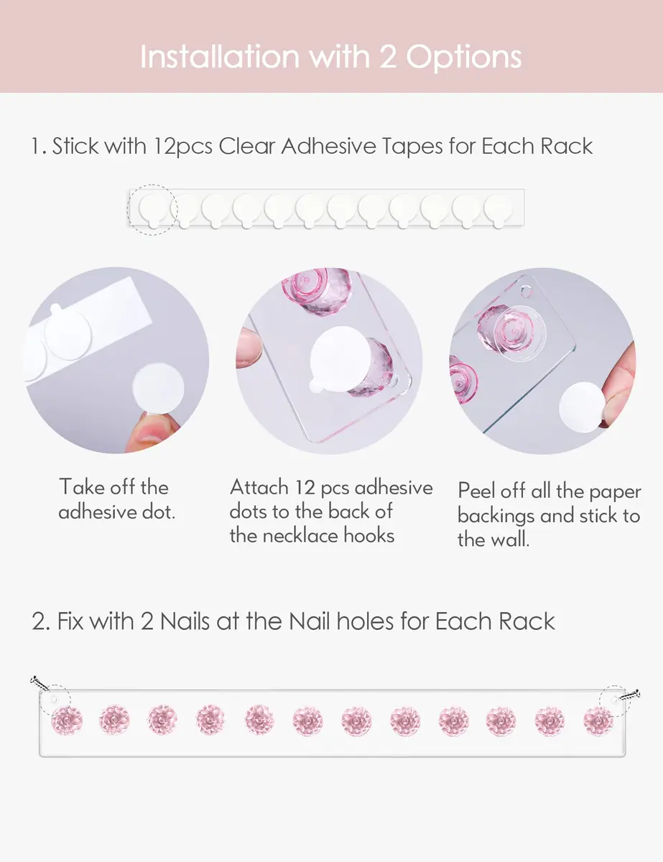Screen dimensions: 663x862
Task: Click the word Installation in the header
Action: (220, 57)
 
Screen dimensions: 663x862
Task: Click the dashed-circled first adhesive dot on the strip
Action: (152, 210)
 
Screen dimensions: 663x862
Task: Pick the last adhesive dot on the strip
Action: (498, 210)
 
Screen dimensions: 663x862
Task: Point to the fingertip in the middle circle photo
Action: (249, 348)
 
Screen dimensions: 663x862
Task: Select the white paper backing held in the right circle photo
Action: (582, 407)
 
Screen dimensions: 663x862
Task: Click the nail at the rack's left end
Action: (40, 682)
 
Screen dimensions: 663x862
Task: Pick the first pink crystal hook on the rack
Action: (67, 720)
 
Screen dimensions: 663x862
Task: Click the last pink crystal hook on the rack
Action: (598, 720)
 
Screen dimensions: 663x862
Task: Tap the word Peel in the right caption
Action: (476, 491)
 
